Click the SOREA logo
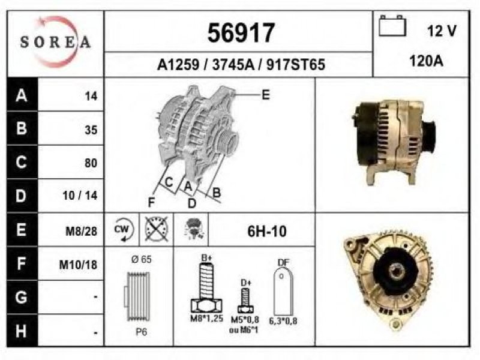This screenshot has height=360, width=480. [x=55, y=41]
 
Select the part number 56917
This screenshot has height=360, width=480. [x=241, y=33]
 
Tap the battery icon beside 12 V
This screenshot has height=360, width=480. [x=392, y=26]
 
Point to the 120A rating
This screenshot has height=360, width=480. [x=426, y=61]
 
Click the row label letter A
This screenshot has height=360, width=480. [x=22, y=95]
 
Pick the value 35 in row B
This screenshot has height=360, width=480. [x=91, y=130]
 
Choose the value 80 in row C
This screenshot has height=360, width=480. [x=91, y=163]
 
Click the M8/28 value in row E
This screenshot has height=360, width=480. [x=82, y=231]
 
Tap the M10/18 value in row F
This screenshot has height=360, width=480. [x=78, y=265]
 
